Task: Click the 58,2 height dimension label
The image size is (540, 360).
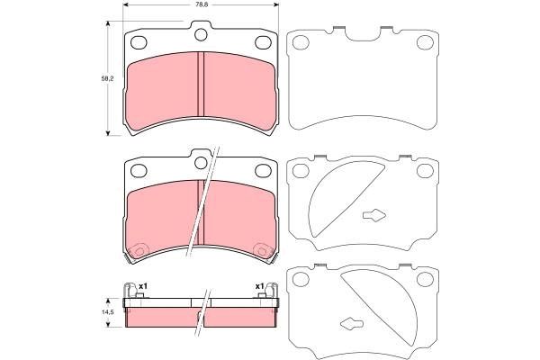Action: click(x=107, y=80)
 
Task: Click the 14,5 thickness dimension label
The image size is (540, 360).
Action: click(x=107, y=311)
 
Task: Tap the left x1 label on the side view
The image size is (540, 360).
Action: click(x=142, y=286)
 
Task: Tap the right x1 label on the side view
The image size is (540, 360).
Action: click(x=259, y=286)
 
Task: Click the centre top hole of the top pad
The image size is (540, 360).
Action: click(x=200, y=35)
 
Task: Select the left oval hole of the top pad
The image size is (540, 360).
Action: click(x=139, y=42)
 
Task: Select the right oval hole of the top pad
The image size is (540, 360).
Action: click(x=263, y=42)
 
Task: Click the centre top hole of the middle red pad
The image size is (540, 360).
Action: click(x=200, y=161)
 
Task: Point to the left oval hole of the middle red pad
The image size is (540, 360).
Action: click(x=139, y=168)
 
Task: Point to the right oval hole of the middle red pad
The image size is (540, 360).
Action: click(x=263, y=168)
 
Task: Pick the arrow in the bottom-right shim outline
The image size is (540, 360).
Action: click(x=352, y=323)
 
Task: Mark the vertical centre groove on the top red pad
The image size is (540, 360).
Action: click(x=200, y=90)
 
